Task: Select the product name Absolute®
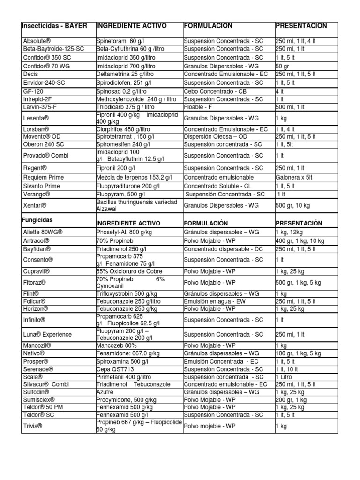pyautogui.click(x=37, y=41)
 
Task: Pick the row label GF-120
pyautogui.click(x=33, y=92)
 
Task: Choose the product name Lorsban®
pyautogui.click(x=36, y=128)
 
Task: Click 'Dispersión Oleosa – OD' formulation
pyautogui.click(x=215, y=136)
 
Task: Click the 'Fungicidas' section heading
pyautogui.click(x=37, y=219)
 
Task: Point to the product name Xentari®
pyautogui.click(x=35, y=205)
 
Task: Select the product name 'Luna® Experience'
pyautogui.click(x=47, y=334)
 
